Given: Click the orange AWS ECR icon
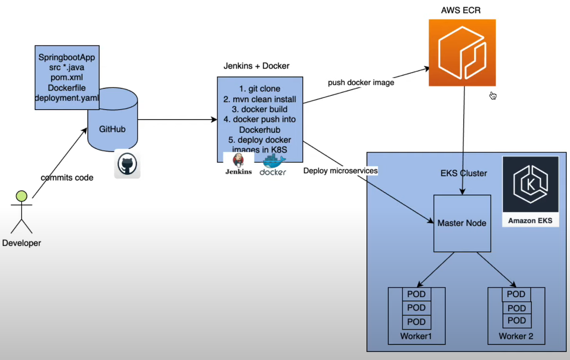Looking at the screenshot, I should tap(462, 52).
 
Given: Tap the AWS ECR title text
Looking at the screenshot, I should tap(461, 10).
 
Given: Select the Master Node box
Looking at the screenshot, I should tap(462, 223).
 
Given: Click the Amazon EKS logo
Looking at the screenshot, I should tap(530, 191).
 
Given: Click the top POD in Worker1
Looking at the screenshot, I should tap(416, 294).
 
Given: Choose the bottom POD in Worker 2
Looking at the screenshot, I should tap(516, 320).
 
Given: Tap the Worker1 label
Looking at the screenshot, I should tap(416, 336).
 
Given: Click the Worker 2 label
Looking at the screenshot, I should tap(516, 336).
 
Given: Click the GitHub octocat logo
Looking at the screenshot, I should tap(127, 165).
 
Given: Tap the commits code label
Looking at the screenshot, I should tap(67, 178).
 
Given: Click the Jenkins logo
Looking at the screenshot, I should tap(238, 163).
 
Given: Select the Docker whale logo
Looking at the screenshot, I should tap(273, 165).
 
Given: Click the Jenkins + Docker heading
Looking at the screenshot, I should tap(256, 66).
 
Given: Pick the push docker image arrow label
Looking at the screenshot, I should tap(361, 83).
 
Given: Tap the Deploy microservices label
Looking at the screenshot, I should tap(340, 171).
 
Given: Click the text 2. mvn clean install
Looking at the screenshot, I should tap(259, 99).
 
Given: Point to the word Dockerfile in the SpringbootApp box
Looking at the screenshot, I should tap(67, 88).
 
